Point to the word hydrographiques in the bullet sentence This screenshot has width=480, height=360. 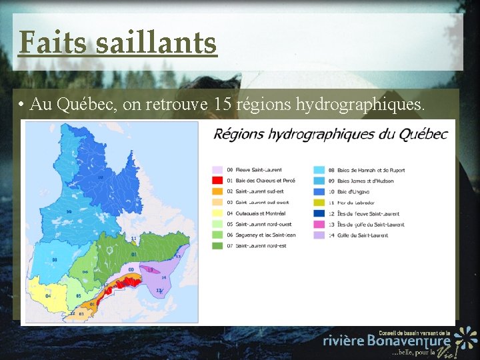[357, 104]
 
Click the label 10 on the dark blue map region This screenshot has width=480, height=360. [101, 177]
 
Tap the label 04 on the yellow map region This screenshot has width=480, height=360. [48, 295]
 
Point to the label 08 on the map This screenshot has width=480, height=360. [54, 259]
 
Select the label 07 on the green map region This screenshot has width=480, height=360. [134, 254]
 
